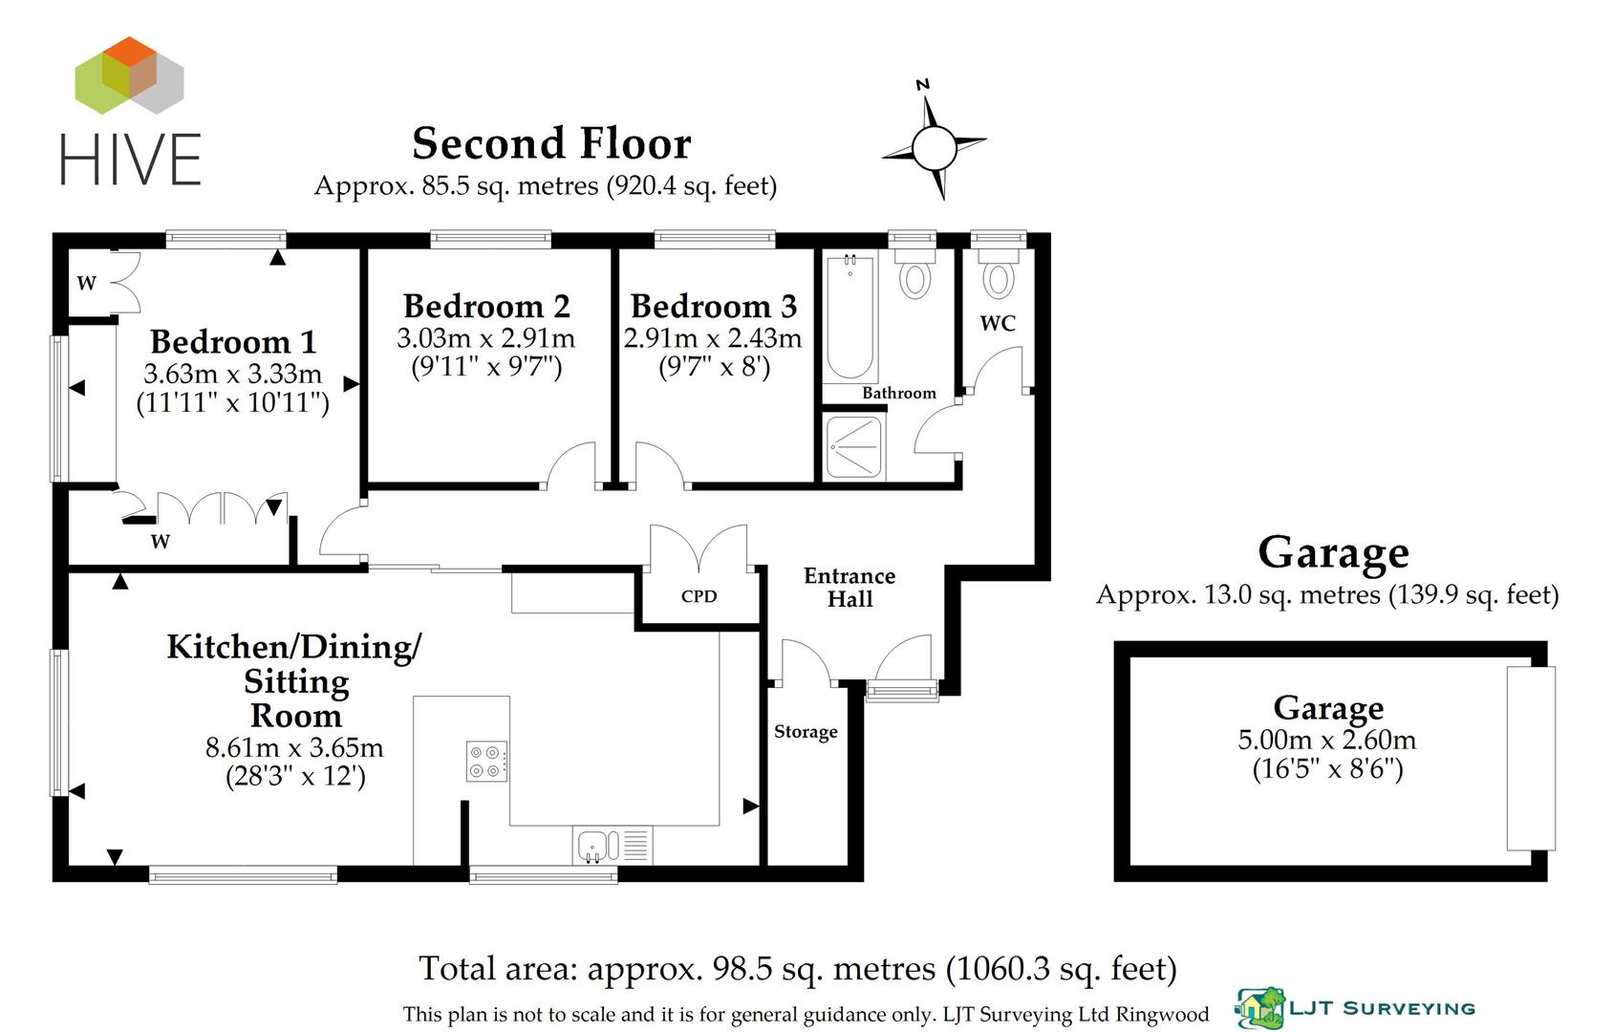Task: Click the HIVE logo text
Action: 131,159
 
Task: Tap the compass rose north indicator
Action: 923,86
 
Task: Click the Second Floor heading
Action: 551,144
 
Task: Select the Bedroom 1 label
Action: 233,341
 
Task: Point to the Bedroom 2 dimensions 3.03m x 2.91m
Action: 486,337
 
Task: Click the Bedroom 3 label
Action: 713,306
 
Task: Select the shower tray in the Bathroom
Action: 854,447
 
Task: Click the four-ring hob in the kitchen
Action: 486,762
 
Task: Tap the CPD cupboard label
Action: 699,596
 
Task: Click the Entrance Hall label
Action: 850,588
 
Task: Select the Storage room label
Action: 806,732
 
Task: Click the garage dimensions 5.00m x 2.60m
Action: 1327,740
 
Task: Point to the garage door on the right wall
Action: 1530,759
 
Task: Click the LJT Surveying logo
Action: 1355,1009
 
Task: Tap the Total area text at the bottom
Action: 797,969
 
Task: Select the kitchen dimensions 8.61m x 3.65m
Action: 294,747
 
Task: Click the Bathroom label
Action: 898,393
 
